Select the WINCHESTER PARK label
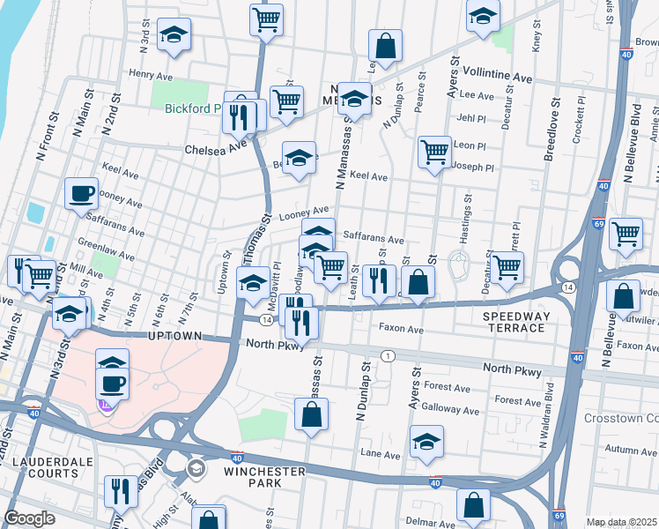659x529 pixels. coord(264,477)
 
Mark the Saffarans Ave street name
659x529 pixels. coord(373,239)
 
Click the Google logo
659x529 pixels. coord(29,518)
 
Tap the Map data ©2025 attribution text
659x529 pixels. coord(621,522)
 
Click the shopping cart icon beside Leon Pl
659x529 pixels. coord(434,151)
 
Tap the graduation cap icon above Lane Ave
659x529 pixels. coord(426,440)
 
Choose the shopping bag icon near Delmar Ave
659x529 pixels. coord(473,504)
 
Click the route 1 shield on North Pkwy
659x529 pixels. coord(388,355)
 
